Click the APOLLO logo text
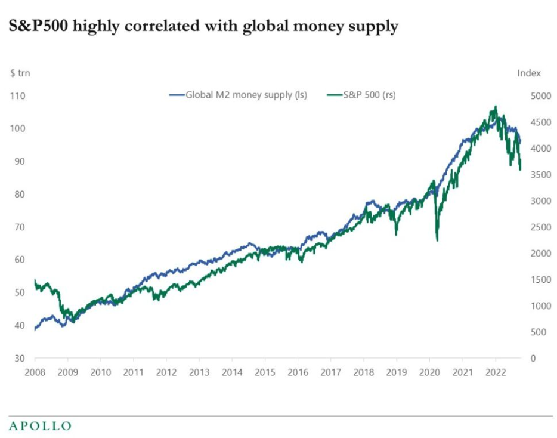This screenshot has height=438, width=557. point(40,425)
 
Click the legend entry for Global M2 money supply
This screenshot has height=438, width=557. point(238,94)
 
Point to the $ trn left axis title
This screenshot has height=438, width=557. point(20,73)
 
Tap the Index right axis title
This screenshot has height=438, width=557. point(529,73)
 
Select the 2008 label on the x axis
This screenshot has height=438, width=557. point(35,372)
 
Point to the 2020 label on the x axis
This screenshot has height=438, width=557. point(430,372)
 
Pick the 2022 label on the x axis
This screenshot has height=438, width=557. point(496,372)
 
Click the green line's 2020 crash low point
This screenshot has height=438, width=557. point(437,240)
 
